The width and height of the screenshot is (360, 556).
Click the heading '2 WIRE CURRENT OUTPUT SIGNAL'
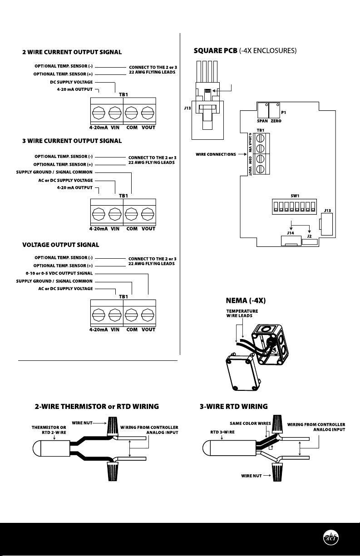pyautogui.click(x=72, y=52)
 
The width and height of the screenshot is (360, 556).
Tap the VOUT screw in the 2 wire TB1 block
pyautogui.click(x=148, y=113)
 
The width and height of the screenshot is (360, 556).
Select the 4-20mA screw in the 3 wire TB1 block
pyautogui.click(x=99, y=214)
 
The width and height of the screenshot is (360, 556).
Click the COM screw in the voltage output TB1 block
pyautogui.click(x=131, y=315)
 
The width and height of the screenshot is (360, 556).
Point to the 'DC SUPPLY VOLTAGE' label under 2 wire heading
pyautogui.click(x=71, y=82)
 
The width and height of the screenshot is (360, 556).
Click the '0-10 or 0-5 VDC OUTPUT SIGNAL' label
pyautogui.click(x=59, y=273)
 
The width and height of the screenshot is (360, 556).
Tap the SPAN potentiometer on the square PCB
pyautogui.click(x=263, y=110)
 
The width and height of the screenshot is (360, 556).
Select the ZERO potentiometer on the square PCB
pyautogui.click(x=274, y=110)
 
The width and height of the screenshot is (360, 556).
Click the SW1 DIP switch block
pyautogui.click(x=294, y=207)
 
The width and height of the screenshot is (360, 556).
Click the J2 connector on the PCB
pyautogui.click(x=310, y=242)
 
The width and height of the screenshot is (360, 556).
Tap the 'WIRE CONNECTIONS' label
pyautogui.click(x=216, y=154)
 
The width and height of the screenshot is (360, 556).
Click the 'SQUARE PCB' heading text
pyautogui.click(x=216, y=51)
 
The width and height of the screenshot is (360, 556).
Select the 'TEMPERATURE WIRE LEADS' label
pyautogui.click(x=242, y=313)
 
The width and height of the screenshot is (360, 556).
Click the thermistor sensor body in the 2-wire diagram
pyautogui.click(x=51, y=448)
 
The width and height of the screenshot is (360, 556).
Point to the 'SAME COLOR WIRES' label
pyautogui.click(x=250, y=423)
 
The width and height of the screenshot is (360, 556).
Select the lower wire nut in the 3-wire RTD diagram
pyautogui.click(x=277, y=472)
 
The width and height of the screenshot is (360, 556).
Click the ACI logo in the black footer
pyautogui.click(x=330, y=537)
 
